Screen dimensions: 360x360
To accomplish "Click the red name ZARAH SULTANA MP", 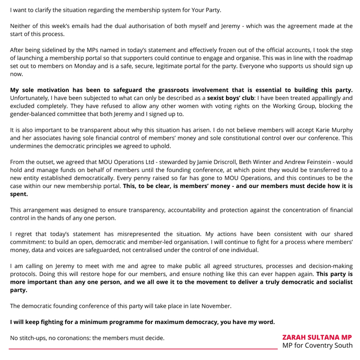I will pos(317,337).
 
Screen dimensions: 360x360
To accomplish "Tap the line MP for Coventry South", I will pos(317,346).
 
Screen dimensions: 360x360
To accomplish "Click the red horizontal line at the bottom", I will pos(143,349).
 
